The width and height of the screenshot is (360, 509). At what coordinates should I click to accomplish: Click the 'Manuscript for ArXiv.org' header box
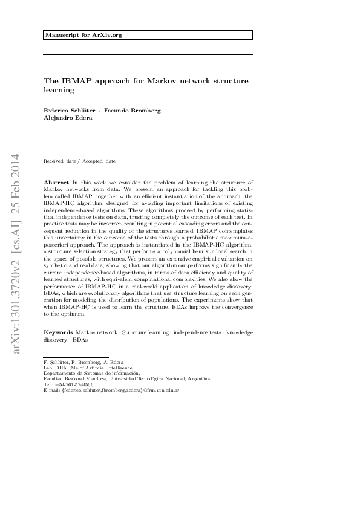click(x=148, y=35)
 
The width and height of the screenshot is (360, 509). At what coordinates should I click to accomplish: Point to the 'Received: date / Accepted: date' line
click(x=80, y=161)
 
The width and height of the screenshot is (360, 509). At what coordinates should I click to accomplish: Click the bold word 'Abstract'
click(x=57, y=182)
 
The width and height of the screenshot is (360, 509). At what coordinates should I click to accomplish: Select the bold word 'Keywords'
click(x=58, y=332)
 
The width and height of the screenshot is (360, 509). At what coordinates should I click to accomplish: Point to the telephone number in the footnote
click(x=68, y=384)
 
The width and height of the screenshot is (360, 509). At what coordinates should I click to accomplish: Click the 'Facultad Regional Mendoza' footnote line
click(x=127, y=378)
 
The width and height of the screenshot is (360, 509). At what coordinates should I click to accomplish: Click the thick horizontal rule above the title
click(x=148, y=54)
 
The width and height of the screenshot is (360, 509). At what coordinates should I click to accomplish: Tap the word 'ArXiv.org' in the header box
click(x=110, y=35)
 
